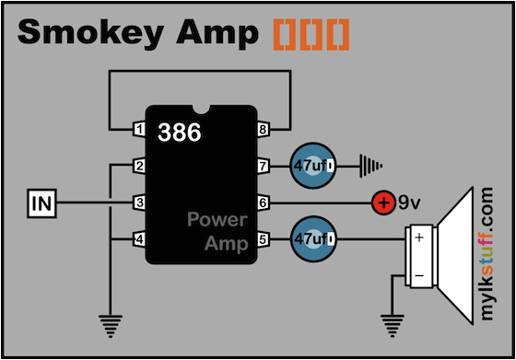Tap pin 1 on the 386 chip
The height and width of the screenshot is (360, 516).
point(140,130)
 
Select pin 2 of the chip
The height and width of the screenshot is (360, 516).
point(140,166)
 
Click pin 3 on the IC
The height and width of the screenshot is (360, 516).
point(140,202)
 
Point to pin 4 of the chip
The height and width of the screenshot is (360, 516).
point(140,238)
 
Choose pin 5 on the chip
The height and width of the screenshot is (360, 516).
point(263,238)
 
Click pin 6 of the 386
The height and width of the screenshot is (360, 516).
point(263,202)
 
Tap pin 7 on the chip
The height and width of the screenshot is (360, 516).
point(263,166)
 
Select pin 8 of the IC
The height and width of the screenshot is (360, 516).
point(263,130)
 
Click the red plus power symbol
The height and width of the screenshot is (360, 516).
point(381,202)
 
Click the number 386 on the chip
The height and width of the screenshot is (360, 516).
point(179,132)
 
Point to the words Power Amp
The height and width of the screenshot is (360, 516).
point(217,231)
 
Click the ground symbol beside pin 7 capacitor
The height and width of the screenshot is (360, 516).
point(369,166)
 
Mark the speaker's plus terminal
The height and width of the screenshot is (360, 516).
point(419,238)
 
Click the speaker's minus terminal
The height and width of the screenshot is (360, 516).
point(419,274)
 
